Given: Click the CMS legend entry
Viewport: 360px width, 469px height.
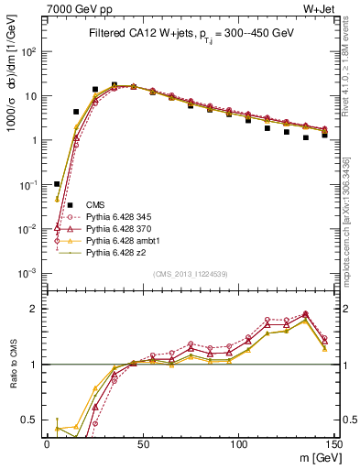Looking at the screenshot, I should point(95,204).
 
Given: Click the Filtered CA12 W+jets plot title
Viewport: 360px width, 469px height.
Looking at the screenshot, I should point(191,33).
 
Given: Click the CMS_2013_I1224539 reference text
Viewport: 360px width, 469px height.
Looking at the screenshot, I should point(191,273).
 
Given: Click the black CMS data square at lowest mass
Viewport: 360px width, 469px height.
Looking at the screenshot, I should point(57,184).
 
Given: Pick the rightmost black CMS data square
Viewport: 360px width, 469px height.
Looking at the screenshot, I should point(325,135).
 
